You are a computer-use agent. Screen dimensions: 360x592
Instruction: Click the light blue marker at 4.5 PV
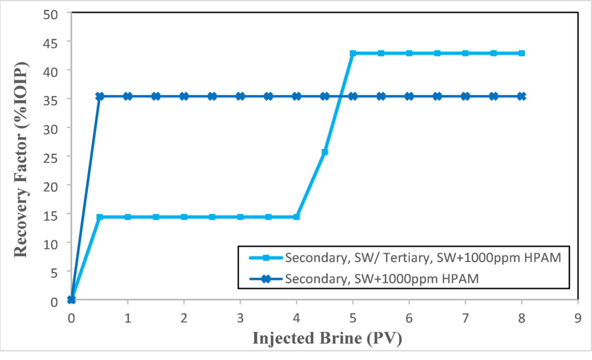click(325, 152)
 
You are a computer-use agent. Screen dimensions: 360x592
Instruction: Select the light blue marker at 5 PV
click(353, 53)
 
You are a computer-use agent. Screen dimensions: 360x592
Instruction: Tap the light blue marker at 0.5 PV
click(100, 217)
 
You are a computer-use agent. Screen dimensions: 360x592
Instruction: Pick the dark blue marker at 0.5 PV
click(100, 96)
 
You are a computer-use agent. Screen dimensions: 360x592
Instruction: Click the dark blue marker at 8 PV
click(521, 96)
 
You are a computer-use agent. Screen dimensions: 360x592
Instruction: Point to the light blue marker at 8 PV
click(521, 53)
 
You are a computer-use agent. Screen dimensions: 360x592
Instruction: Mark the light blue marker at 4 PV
click(297, 217)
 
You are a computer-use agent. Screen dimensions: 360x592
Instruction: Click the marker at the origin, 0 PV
click(72, 299)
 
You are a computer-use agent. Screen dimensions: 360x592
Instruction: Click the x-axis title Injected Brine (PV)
click(326, 339)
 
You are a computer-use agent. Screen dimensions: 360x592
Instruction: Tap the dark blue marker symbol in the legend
click(266, 279)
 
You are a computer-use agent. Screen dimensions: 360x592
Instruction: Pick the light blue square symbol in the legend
click(266, 258)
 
